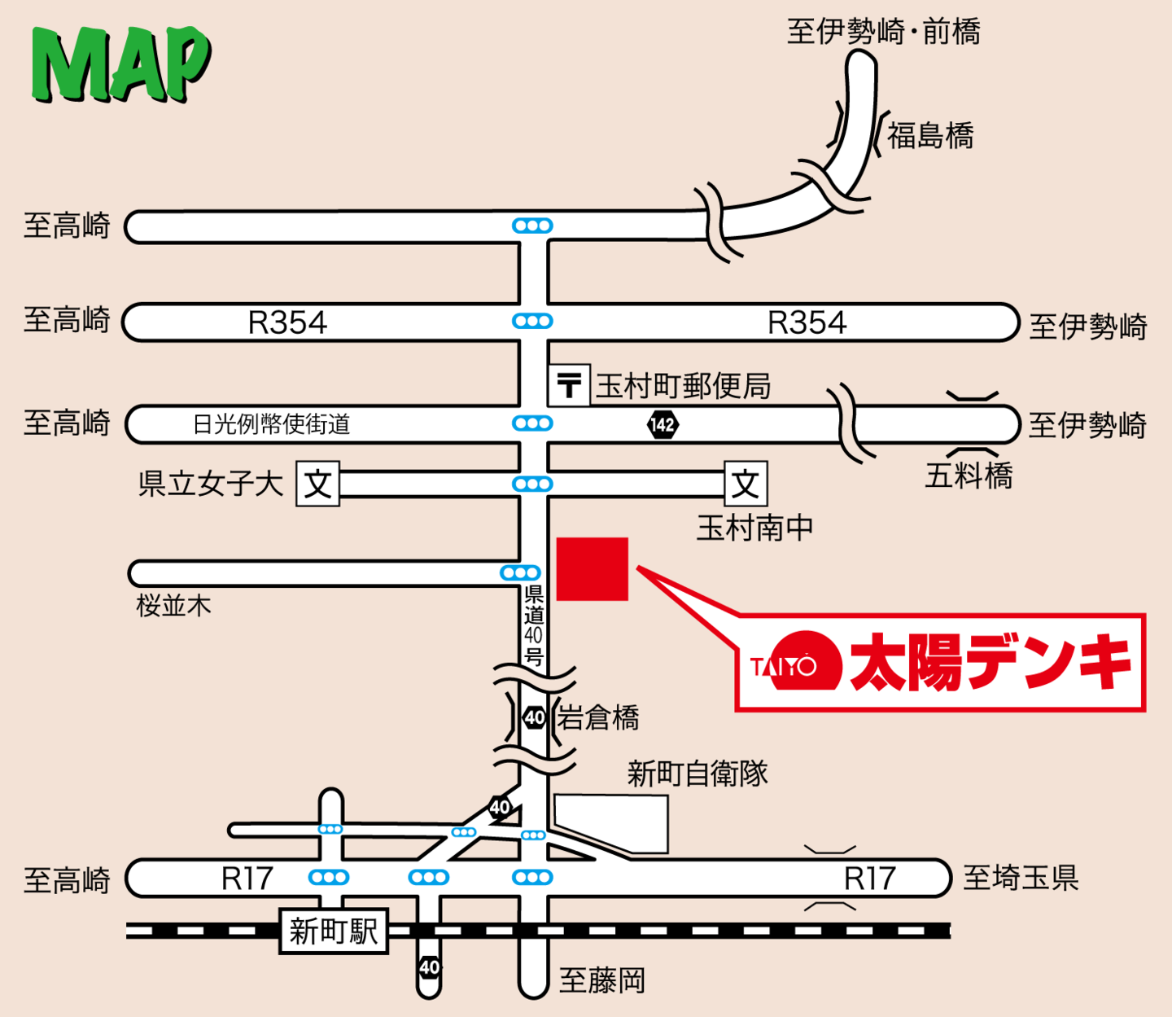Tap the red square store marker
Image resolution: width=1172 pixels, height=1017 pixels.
point(592,568)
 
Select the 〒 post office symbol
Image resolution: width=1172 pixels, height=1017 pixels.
point(569,384)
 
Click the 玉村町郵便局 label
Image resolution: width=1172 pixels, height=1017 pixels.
point(683,386)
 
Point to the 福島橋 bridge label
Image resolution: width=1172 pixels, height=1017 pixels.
point(929,135)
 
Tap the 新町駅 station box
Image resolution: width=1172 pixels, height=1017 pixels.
point(334,931)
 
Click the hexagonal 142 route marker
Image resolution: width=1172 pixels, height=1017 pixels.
point(663,424)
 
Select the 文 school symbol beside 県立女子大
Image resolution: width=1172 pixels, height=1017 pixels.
point(317,484)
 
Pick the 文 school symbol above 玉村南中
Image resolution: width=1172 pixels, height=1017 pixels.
point(746,484)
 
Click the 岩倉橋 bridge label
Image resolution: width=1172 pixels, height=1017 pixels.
point(598,718)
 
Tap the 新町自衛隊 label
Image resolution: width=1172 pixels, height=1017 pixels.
point(698,773)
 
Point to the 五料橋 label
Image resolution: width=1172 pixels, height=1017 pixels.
point(969,476)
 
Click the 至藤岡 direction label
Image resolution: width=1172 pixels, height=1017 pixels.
point(602,980)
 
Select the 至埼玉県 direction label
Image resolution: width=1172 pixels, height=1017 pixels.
point(1021,878)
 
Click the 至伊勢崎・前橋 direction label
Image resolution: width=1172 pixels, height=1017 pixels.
point(883,32)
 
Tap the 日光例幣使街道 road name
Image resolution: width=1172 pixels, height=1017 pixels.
point(271,424)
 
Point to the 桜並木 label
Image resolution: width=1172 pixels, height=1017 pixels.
point(173,605)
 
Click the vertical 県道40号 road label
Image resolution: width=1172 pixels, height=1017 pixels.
point(533,625)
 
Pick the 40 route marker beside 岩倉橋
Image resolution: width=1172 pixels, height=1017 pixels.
point(534,717)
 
